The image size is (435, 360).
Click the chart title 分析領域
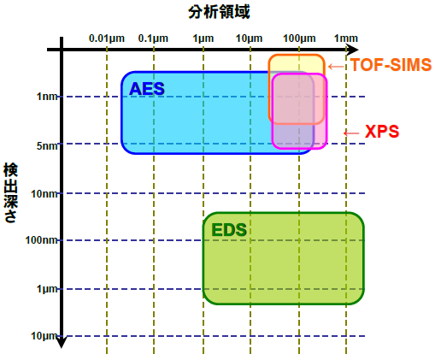(219, 12)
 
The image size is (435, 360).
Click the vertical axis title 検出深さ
(10, 192)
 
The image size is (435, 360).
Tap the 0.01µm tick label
(107, 38)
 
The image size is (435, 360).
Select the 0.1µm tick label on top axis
(153, 38)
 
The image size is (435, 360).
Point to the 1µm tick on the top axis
(203, 38)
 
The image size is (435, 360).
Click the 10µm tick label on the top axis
(250, 38)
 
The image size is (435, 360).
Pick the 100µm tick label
(299, 38)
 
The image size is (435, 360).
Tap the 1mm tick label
(346, 38)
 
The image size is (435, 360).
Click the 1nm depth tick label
(48, 97)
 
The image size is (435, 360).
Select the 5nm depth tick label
(47, 146)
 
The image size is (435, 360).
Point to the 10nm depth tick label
(44, 194)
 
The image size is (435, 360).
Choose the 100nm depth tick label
(42, 240)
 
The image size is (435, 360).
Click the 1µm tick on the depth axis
(48, 289)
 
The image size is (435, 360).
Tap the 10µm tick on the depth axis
(44, 336)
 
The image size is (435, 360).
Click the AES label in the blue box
(147, 89)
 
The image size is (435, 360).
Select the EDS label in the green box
(229, 230)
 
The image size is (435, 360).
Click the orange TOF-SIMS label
(391, 64)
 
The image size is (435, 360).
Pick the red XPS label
(382, 132)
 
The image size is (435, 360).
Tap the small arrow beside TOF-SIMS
(337, 67)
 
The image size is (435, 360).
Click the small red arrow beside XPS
(351, 133)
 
